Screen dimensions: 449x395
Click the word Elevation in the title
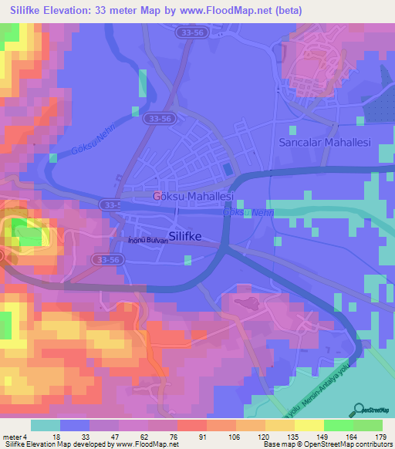pyautogui.click(x=70, y=10)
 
